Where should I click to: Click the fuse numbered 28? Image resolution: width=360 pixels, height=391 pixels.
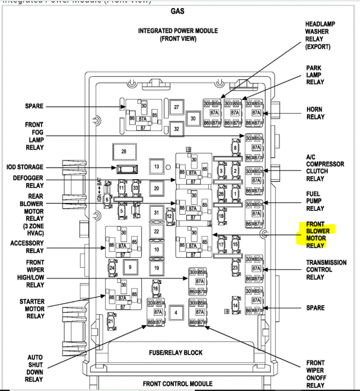coord(124,151)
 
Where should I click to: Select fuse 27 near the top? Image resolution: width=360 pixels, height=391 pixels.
coord(176,107)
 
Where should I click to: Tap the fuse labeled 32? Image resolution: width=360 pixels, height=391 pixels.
coord(176,129)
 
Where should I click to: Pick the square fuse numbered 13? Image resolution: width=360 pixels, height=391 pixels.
coord(157,166)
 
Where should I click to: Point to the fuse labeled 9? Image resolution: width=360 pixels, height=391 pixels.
coord(130,268)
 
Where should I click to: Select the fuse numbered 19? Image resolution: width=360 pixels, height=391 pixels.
coord(157,268)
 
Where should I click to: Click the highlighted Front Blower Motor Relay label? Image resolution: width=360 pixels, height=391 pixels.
coord(318,235)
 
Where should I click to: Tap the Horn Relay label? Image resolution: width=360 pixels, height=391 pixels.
coord(315,113)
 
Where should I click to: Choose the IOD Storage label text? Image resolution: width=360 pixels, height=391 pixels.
coord(25,167)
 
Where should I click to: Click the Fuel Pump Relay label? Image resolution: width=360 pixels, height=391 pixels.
coord(315,201)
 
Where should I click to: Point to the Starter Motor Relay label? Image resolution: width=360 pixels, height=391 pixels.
coord(31,309)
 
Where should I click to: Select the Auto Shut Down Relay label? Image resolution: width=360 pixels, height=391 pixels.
coord(35,368)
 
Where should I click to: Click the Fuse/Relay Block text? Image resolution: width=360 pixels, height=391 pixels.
coord(175,353)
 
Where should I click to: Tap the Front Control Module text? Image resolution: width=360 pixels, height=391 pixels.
coord(178,383)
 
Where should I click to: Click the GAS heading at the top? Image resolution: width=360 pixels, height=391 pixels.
coord(178,11)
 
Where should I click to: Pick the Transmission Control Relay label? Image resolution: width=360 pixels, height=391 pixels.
coord(326,269)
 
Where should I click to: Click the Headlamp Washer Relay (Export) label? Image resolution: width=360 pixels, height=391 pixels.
coord(320,35)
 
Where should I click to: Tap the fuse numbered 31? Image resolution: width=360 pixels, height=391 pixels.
coord(157,212)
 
